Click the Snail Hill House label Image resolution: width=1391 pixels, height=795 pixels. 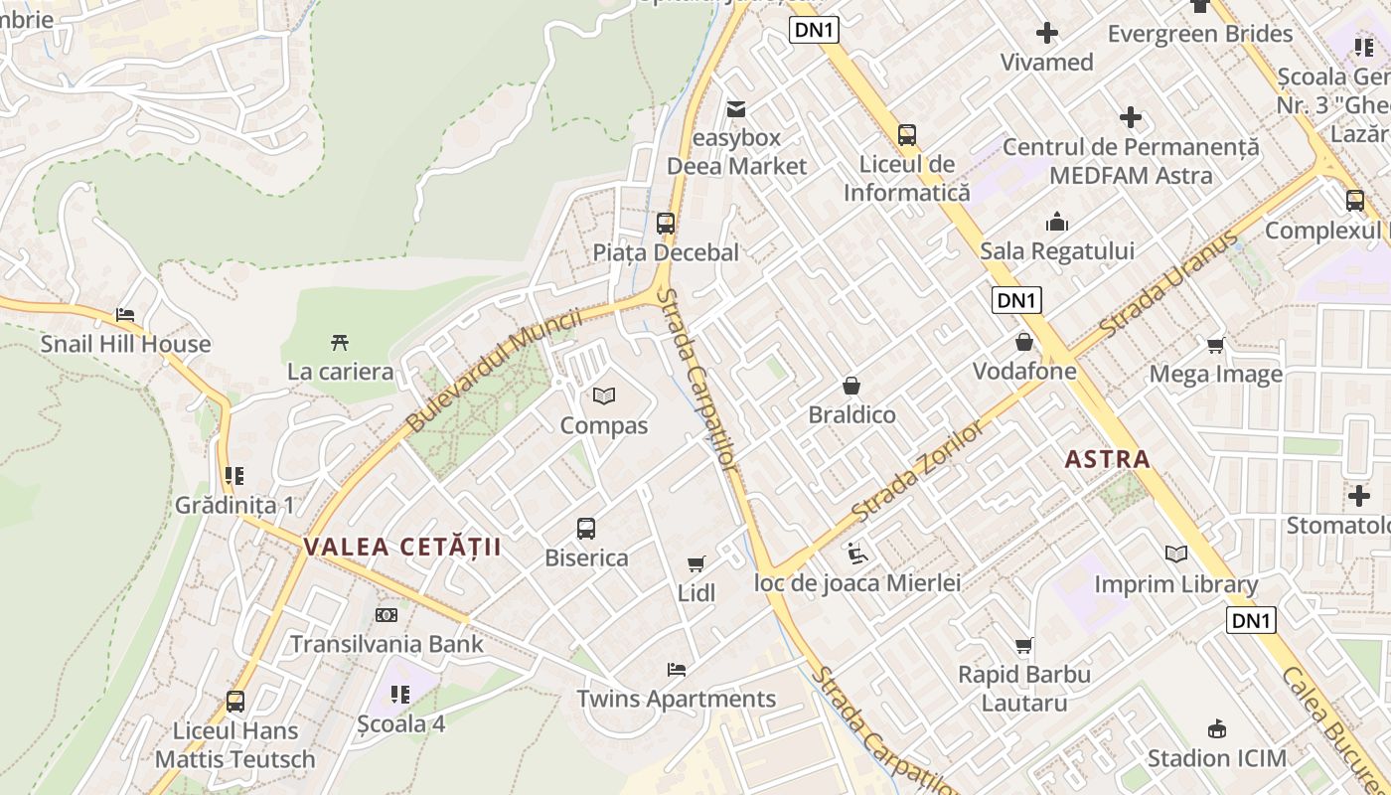[x=125, y=345]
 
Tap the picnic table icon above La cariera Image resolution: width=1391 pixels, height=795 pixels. [x=340, y=343]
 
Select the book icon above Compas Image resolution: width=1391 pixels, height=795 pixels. [x=603, y=397]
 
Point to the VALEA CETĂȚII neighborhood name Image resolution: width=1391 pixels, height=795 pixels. [x=402, y=547]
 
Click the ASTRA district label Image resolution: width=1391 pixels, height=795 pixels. [x=1107, y=459]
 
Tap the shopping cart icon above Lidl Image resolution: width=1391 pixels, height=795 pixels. [x=696, y=563]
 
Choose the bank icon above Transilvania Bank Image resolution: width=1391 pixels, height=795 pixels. [x=386, y=615]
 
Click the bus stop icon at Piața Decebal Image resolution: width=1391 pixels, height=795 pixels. [x=666, y=224]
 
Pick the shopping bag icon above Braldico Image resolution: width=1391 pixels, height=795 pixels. [x=851, y=385]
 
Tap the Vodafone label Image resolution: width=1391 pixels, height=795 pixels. [x=1024, y=372]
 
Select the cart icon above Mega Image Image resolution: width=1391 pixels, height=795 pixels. [x=1215, y=345]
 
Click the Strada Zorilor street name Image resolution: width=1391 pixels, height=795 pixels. [x=916, y=472]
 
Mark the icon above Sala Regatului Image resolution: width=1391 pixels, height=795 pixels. [x=1057, y=222]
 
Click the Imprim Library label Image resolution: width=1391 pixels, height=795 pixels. [x=1175, y=584]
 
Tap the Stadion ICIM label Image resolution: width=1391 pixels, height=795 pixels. [x=1216, y=758]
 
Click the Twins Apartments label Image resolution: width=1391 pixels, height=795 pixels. [x=676, y=699]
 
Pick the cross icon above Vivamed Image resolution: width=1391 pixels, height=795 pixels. [x=1046, y=34]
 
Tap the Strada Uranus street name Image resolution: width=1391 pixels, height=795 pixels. [x=1171, y=282]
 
